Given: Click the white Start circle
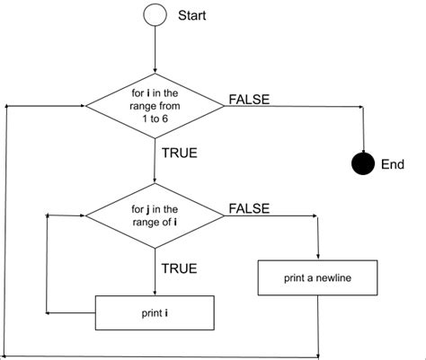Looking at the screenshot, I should (155, 16).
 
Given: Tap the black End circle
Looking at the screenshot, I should (362, 164).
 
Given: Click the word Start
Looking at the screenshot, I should (192, 16).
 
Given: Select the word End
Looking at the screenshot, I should (393, 165).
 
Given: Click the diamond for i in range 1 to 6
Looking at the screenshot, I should (155, 106).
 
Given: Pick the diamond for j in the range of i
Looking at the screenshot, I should (155, 216).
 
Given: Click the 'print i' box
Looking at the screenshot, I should (155, 313).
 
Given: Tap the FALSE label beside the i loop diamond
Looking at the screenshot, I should (249, 99).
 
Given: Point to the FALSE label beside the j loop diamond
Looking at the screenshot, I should (249, 208).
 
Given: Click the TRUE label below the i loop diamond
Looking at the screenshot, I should (180, 153).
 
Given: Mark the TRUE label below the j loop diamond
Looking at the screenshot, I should (179, 268).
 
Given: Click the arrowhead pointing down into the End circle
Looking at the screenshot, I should (362, 150).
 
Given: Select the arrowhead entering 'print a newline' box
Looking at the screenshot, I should (318, 257).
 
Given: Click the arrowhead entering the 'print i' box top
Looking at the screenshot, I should (155, 292).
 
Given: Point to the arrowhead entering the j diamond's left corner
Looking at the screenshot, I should (80, 216).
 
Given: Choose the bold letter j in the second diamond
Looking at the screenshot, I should (145, 210).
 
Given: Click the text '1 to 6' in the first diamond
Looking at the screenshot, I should (155, 119).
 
